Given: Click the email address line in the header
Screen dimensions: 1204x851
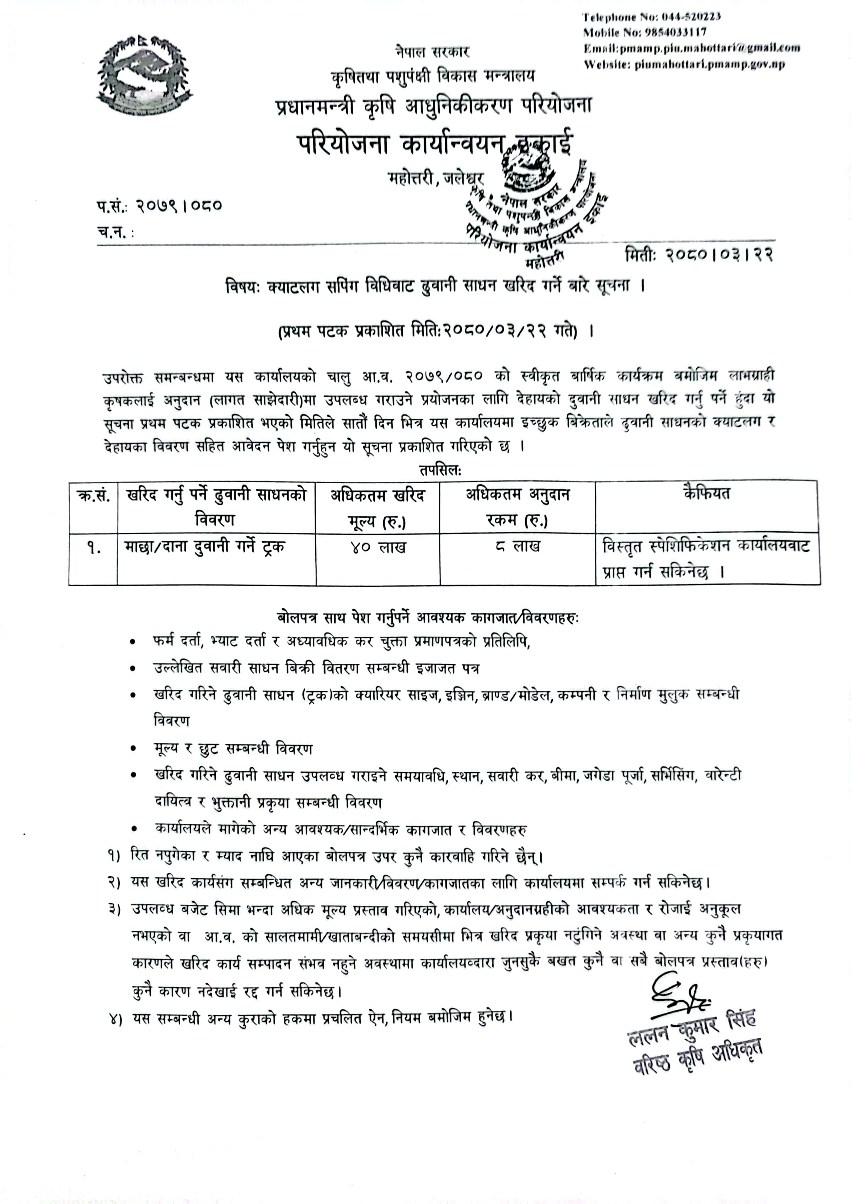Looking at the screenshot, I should point(691,48).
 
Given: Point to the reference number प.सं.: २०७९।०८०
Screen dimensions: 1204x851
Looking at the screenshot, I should point(159,205).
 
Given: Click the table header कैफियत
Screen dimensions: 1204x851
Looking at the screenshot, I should point(706,494).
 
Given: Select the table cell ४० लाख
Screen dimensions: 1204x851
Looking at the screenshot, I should point(378,548).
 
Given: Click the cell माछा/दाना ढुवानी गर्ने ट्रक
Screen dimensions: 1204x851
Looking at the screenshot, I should point(205,547).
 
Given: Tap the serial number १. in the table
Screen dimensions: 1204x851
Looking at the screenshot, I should point(94,548).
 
